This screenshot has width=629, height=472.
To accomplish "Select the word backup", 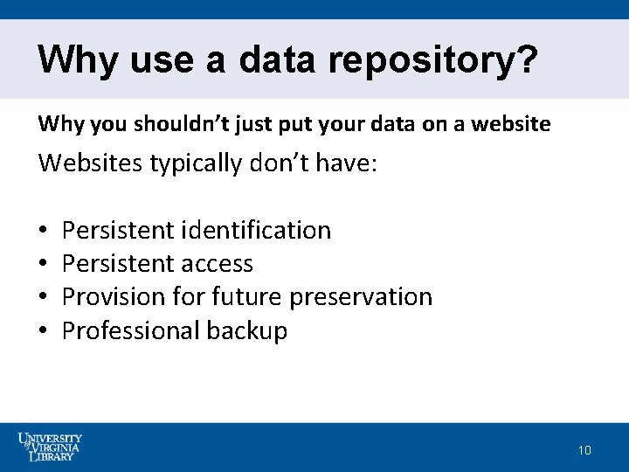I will (247, 331).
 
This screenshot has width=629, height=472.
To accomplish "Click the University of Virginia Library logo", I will (51, 446).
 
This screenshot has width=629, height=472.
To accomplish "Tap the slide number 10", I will (584, 450).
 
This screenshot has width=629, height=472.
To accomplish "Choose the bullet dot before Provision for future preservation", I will (43, 298).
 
